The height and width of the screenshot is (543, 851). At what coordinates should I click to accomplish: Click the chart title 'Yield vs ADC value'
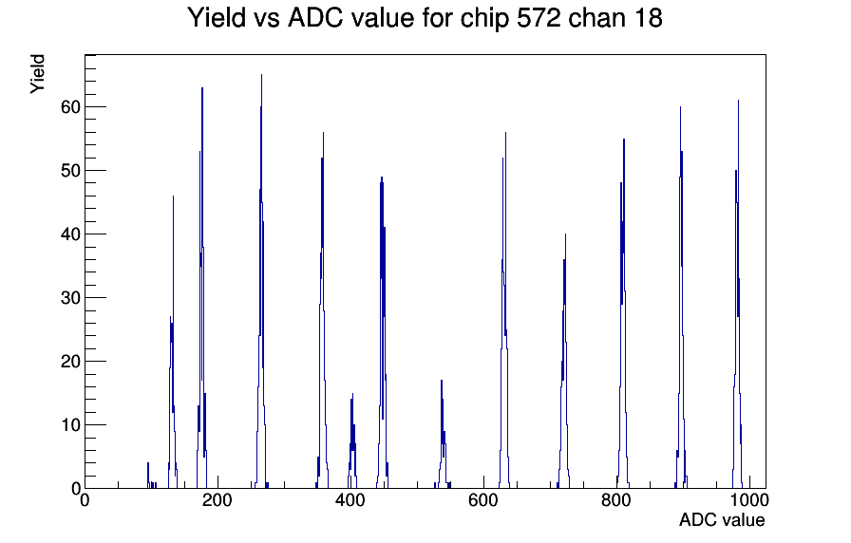coord(301,18)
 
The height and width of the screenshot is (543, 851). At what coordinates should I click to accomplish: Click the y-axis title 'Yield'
coord(37,74)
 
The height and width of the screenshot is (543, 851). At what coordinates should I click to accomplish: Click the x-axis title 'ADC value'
coord(722,519)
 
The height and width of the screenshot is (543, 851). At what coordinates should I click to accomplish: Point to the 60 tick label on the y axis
coord(70,107)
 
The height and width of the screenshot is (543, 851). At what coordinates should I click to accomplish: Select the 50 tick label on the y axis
coord(70,170)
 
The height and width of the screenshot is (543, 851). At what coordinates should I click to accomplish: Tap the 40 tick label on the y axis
coord(70,234)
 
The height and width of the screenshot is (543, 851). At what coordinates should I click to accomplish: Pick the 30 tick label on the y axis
coord(70,297)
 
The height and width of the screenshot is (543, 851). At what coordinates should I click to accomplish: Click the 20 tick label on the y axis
coord(70,362)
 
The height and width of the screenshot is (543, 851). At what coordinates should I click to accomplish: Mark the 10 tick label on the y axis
coord(70,424)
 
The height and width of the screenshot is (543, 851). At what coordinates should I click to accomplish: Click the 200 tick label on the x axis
coord(217,500)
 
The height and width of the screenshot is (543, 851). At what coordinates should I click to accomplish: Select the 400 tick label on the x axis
coord(350,500)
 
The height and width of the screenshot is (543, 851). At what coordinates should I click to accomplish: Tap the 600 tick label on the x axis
coord(483,500)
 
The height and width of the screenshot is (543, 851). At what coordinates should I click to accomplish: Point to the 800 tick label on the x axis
coord(616,500)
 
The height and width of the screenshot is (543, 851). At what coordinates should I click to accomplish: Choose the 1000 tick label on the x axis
coord(749,500)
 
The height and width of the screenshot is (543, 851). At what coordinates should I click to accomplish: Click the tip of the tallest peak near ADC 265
coord(261,75)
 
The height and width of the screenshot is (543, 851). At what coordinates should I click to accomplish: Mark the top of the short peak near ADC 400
coord(352,394)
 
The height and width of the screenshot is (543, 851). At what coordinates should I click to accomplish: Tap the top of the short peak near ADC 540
coord(442,381)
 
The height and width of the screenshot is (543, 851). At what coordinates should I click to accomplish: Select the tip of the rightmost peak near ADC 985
coord(738,101)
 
